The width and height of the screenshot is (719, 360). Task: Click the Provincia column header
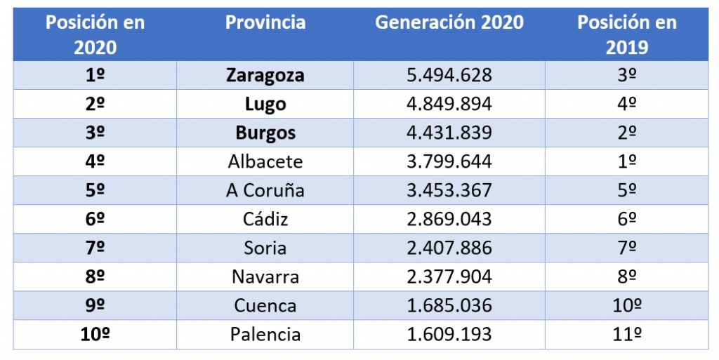point(265,22)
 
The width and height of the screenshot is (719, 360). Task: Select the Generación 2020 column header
point(449,22)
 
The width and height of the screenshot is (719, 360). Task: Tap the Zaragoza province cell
point(265,76)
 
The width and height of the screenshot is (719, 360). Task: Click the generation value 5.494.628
point(449,76)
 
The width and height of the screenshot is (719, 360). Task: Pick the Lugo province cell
point(265,105)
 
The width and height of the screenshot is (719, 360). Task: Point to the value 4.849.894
point(449,105)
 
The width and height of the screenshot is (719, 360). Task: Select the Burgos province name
point(265,133)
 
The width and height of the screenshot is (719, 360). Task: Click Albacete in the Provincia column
point(265,162)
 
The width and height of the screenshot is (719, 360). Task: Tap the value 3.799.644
point(449,162)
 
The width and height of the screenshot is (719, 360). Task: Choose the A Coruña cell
point(265,191)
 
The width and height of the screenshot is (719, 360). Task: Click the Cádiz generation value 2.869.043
point(449,220)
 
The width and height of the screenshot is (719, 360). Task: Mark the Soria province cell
point(265,248)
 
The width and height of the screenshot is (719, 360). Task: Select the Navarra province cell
point(265,277)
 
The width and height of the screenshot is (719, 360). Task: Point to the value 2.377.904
point(449,277)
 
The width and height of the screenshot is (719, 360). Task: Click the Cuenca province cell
point(265,306)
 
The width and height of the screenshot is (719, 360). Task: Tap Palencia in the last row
point(265,335)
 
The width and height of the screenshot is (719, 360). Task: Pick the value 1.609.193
point(449,335)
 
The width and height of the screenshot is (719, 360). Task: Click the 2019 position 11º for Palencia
point(627,335)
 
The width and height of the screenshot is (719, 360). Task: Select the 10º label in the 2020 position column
point(95,335)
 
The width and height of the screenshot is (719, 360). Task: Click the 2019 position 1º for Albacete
point(627,162)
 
